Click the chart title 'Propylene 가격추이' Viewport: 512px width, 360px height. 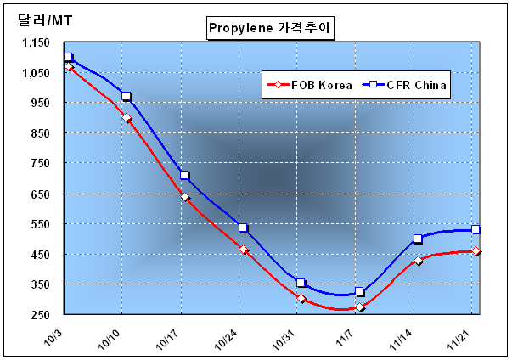click(270, 28)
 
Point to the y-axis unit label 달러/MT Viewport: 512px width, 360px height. click(45, 20)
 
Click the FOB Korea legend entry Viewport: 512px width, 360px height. click(310, 85)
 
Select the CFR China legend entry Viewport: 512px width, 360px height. click(404, 85)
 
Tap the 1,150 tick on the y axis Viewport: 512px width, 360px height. click(36, 42)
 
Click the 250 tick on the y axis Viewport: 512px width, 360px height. click(41, 315)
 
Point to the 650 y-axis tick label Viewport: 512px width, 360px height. click(41, 194)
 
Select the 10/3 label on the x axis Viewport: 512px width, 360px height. click(53, 340)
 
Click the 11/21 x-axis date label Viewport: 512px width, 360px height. click(459, 340)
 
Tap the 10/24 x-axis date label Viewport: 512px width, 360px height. click(226, 340)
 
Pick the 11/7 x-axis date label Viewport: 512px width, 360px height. click(345, 340)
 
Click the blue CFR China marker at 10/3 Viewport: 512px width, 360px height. click(68, 57)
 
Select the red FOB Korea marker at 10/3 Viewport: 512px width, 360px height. click(69, 66)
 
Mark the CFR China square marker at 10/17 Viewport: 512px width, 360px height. click(184, 175)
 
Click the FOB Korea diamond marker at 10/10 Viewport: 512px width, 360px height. click(127, 118)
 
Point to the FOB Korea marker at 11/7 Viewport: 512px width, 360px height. click(360, 307)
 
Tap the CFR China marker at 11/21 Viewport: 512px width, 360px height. click(475, 229)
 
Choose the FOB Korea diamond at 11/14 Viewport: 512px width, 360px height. click(419, 261)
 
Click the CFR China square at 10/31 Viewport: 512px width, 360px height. click(301, 283)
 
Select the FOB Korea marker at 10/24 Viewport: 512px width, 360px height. click(244, 250)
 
